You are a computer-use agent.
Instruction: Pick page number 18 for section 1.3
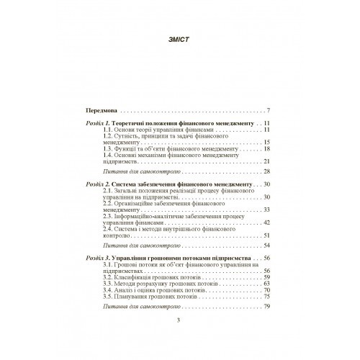point(266,148)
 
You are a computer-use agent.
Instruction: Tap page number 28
point(266,173)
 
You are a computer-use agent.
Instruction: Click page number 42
point(266,224)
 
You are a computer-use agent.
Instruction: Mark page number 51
point(266,235)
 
